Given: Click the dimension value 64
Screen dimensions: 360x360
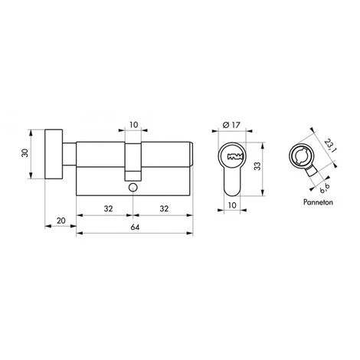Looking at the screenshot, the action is tap(135, 227).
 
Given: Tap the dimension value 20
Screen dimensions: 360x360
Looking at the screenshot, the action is tap(61, 221).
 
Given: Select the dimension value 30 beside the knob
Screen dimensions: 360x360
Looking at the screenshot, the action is tap(25, 153).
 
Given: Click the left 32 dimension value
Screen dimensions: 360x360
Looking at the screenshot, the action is tap(108, 208).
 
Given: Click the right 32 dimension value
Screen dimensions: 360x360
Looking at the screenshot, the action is tap(164, 208).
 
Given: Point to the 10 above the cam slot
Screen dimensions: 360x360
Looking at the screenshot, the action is tap(134, 125).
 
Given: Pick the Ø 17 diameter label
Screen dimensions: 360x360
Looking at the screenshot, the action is tap(231, 125).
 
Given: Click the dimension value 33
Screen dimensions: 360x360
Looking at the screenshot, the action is tap(258, 166).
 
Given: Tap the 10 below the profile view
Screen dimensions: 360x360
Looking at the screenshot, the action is tap(232, 205).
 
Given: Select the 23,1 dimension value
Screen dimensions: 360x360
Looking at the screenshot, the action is tap(329, 145).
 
